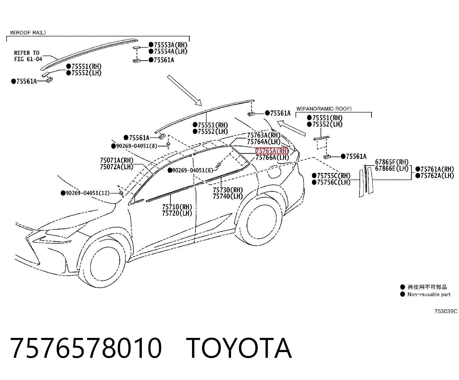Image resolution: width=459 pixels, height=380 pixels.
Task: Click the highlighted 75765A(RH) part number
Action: (x=272, y=151)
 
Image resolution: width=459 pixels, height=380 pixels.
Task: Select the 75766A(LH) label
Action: (x=272, y=157)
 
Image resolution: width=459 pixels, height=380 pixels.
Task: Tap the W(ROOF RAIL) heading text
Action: (x=28, y=33)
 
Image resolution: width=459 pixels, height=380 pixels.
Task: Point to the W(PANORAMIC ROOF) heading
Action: (x=324, y=109)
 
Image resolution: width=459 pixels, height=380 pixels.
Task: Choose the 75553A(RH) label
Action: (x=171, y=45)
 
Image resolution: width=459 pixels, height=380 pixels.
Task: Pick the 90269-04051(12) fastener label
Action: (x=87, y=193)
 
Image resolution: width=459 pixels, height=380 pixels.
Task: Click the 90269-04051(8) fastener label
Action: (x=136, y=146)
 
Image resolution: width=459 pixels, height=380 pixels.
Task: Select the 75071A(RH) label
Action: (x=117, y=160)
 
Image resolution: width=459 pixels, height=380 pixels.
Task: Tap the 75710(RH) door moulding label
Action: (x=177, y=207)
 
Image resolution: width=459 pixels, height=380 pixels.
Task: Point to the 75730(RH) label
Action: (x=228, y=190)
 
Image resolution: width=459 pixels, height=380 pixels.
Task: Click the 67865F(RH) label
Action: (x=392, y=162)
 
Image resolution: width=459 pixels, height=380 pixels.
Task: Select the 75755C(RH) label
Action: (x=334, y=176)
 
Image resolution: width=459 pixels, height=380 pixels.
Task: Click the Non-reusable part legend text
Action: (x=429, y=294)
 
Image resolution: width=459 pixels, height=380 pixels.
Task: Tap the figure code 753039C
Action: (x=446, y=311)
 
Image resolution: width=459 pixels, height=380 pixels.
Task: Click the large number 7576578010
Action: (x=86, y=348)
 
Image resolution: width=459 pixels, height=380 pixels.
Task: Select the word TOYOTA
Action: (x=239, y=348)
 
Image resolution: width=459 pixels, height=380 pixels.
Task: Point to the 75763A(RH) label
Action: (x=264, y=135)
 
